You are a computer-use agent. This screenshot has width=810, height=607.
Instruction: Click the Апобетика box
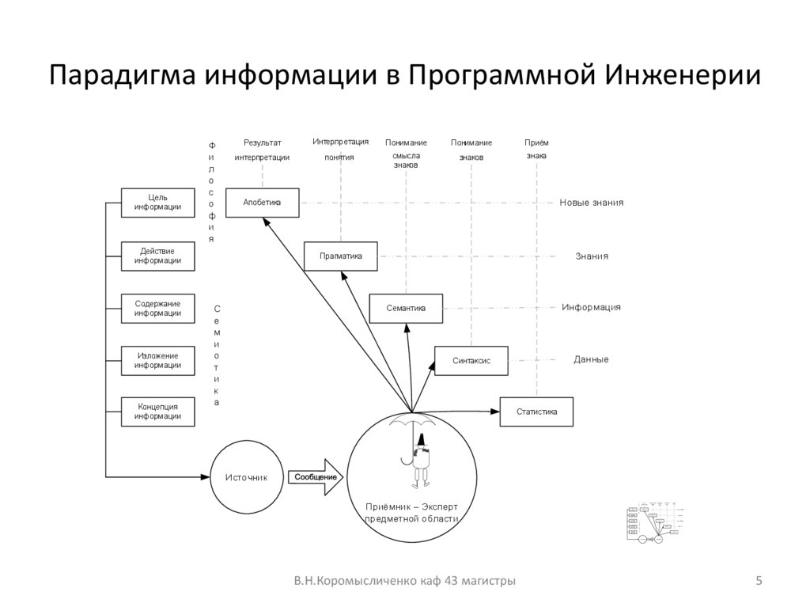coord(262,203)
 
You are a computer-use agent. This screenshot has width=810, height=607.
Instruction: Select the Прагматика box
coord(341,256)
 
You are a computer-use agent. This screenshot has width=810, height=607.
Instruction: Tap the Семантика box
coord(406,308)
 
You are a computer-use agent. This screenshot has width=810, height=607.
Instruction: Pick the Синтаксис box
coord(471,360)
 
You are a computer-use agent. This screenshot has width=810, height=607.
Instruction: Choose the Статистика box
coord(536,412)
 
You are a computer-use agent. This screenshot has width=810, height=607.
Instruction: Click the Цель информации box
coord(157,203)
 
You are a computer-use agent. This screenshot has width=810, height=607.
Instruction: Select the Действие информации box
coord(157,256)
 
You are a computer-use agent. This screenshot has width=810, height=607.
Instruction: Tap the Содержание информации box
coord(157,308)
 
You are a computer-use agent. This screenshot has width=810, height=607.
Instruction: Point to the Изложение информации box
coord(157,360)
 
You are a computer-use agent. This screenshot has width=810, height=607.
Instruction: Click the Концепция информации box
coord(157,412)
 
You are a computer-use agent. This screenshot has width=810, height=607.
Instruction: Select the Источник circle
coord(246,477)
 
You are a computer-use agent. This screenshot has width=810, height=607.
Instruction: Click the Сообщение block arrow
coord(316,477)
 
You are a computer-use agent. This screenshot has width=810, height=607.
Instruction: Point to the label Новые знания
coord(592,203)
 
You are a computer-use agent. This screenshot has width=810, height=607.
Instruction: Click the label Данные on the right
coord(591,359)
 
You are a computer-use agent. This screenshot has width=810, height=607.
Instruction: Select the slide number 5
coord(759,582)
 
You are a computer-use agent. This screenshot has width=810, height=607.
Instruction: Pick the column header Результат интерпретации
coord(262,150)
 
